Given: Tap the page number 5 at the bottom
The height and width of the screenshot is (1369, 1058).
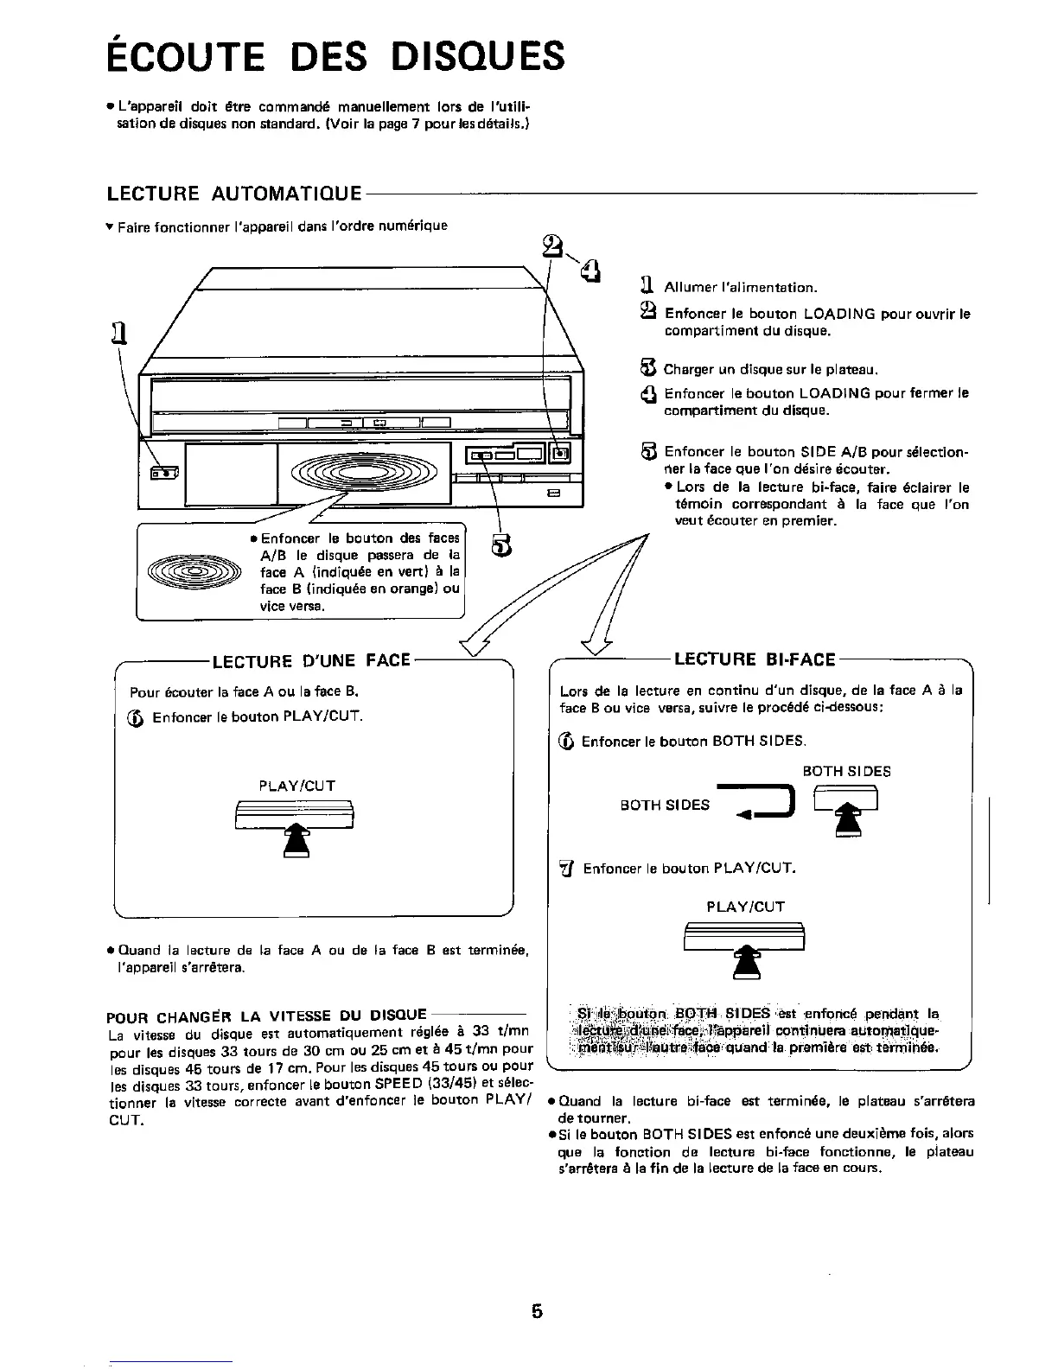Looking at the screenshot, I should (537, 1312).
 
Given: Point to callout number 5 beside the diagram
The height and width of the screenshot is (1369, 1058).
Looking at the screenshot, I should (501, 546).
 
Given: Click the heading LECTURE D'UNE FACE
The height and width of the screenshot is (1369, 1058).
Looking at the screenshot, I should (310, 661).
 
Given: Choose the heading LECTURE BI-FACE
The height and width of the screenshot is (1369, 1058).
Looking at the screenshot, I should (755, 660).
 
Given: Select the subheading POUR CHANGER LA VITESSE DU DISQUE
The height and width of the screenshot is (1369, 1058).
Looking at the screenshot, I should (267, 1014).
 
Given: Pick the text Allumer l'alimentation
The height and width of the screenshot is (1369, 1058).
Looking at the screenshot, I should (740, 287).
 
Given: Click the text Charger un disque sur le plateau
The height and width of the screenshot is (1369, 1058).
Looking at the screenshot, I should (771, 370).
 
